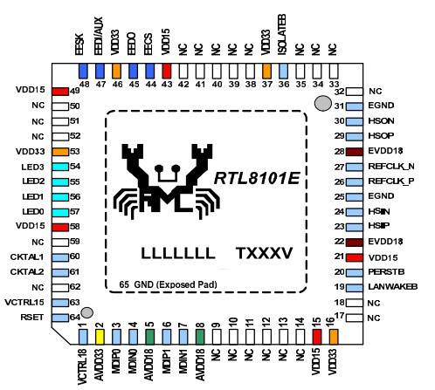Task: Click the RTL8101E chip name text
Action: (257, 178)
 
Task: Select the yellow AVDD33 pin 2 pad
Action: (100, 337)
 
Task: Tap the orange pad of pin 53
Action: (60, 152)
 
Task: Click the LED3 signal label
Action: (32, 167)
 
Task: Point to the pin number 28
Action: (339, 151)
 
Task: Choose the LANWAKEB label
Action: (393, 287)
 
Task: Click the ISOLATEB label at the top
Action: (282, 35)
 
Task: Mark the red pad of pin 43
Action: (167, 72)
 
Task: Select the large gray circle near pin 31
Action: (323, 104)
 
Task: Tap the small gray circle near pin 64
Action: (86, 312)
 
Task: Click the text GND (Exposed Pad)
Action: (176, 284)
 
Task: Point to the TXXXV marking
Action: (264, 253)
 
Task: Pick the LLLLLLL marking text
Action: (178, 253)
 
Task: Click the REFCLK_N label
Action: (391, 167)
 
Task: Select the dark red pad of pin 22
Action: (355, 243)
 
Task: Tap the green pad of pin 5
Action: (149, 337)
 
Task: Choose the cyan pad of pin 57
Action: (60, 212)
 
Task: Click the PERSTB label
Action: (386, 272)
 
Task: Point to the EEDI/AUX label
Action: (99, 36)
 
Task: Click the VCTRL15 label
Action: (24, 302)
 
